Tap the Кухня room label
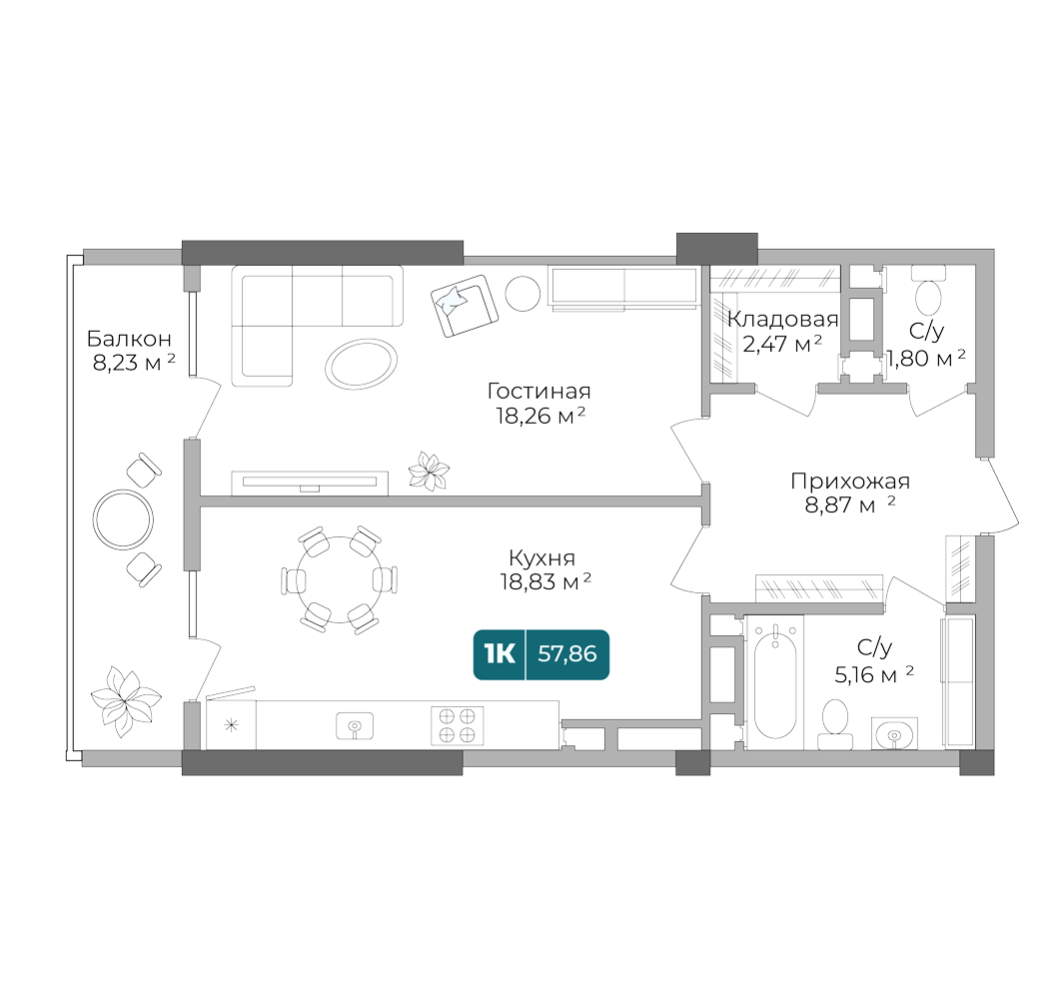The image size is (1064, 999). click(x=540, y=558)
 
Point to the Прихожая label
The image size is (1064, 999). click(x=849, y=482)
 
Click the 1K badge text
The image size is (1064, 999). click(x=499, y=654)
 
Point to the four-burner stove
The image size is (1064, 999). click(x=457, y=724)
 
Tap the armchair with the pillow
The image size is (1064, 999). click(x=463, y=306)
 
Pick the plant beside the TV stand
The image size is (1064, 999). click(x=431, y=472)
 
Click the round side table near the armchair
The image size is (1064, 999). click(x=522, y=293)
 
